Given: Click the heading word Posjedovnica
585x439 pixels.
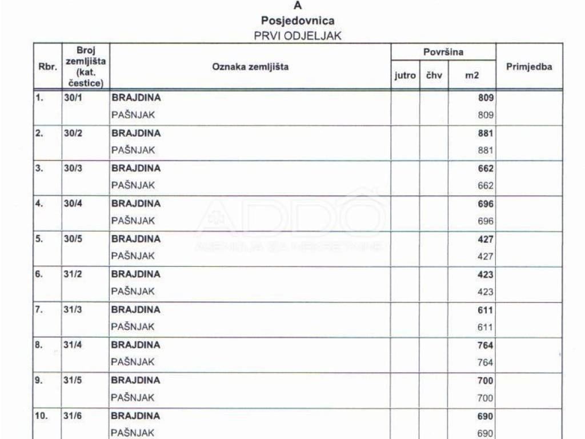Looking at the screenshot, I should (298, 21).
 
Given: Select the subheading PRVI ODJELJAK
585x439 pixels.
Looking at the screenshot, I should (298, 35).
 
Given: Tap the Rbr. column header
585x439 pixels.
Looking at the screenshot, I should (47, 67).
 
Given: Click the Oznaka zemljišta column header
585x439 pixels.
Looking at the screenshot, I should (250, 67).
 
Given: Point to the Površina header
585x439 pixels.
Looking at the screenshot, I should (443, 52).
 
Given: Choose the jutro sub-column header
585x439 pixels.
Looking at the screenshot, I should (405, 75).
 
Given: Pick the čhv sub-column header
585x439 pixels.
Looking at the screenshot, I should (434, 75).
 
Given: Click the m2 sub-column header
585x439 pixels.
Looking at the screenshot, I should (471, 75).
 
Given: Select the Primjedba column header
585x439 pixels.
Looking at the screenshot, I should (529, 67).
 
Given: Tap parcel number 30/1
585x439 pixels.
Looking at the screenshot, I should (73, 98).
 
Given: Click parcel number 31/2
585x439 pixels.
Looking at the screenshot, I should (73, 274).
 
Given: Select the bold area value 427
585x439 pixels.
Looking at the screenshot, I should (486, 240).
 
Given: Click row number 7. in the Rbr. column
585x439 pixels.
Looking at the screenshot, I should (39, 310).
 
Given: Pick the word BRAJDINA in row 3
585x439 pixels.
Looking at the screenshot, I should (136, 169).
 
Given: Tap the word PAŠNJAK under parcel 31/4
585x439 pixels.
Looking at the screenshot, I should (133, 362).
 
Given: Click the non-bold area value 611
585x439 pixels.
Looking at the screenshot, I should (486, 328).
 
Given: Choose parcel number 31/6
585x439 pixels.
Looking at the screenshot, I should (73, 416).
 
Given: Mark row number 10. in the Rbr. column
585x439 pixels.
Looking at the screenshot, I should (41, 416).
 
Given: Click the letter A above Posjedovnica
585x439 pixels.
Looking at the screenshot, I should (297, 6).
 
